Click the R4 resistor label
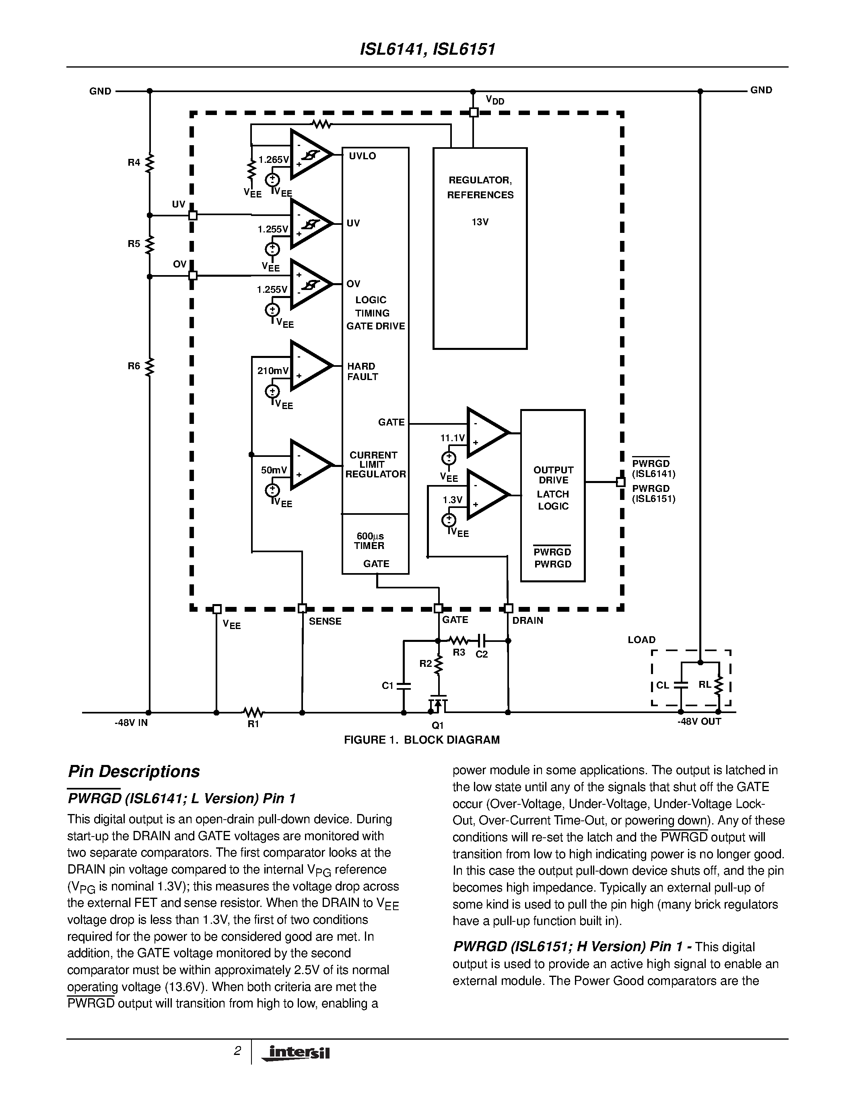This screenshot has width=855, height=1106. tap(133, 162)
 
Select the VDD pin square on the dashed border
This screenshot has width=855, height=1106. tap(474, 113)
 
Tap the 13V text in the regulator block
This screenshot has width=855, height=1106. tap(480, 222)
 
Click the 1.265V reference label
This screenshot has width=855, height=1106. tap(274, 160)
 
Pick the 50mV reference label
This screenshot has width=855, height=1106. tap(274, 470)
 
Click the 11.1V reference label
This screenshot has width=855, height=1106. tap(452, 438)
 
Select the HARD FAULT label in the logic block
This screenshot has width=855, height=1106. tap(362, 371)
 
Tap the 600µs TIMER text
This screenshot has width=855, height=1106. tap(370, 541)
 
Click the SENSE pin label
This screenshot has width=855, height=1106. tap(325, 621)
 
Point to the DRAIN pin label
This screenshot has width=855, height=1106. tap(528, 620)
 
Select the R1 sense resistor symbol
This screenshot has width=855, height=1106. tap(253, 712)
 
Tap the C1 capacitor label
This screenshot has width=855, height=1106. tap(387, 686)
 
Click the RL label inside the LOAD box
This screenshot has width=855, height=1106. tap(705, 685)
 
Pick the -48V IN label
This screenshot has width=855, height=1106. tap(131, 723)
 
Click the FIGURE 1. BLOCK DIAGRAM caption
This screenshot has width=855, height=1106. tap(421, 740)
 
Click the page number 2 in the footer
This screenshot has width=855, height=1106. tap(237, 1051)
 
